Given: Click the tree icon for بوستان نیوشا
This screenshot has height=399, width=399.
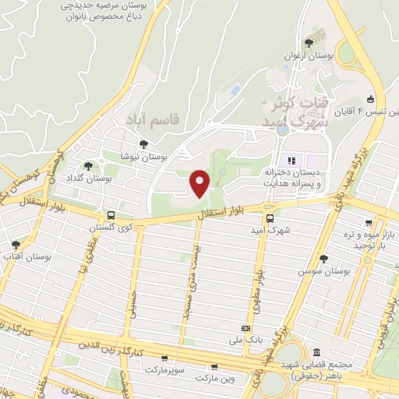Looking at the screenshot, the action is click(143, 143).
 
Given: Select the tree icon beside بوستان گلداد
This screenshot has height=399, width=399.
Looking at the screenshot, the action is click(87, 165).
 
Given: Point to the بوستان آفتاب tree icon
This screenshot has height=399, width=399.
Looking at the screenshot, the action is click(16, 245).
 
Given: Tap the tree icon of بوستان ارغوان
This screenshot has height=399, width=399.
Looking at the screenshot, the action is click(309, 42).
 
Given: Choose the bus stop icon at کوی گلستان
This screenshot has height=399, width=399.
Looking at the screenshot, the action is click(110, 214).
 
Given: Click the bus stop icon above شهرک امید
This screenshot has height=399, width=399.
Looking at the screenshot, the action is click(270, 219).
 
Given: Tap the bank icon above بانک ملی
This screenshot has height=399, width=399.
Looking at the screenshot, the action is click(246, 329).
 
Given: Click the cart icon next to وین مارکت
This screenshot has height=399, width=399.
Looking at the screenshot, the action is click(214, 366).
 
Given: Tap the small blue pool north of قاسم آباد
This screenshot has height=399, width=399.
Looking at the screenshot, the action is click(235, 91).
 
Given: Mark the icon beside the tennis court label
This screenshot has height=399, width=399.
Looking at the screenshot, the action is click(370, 99).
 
